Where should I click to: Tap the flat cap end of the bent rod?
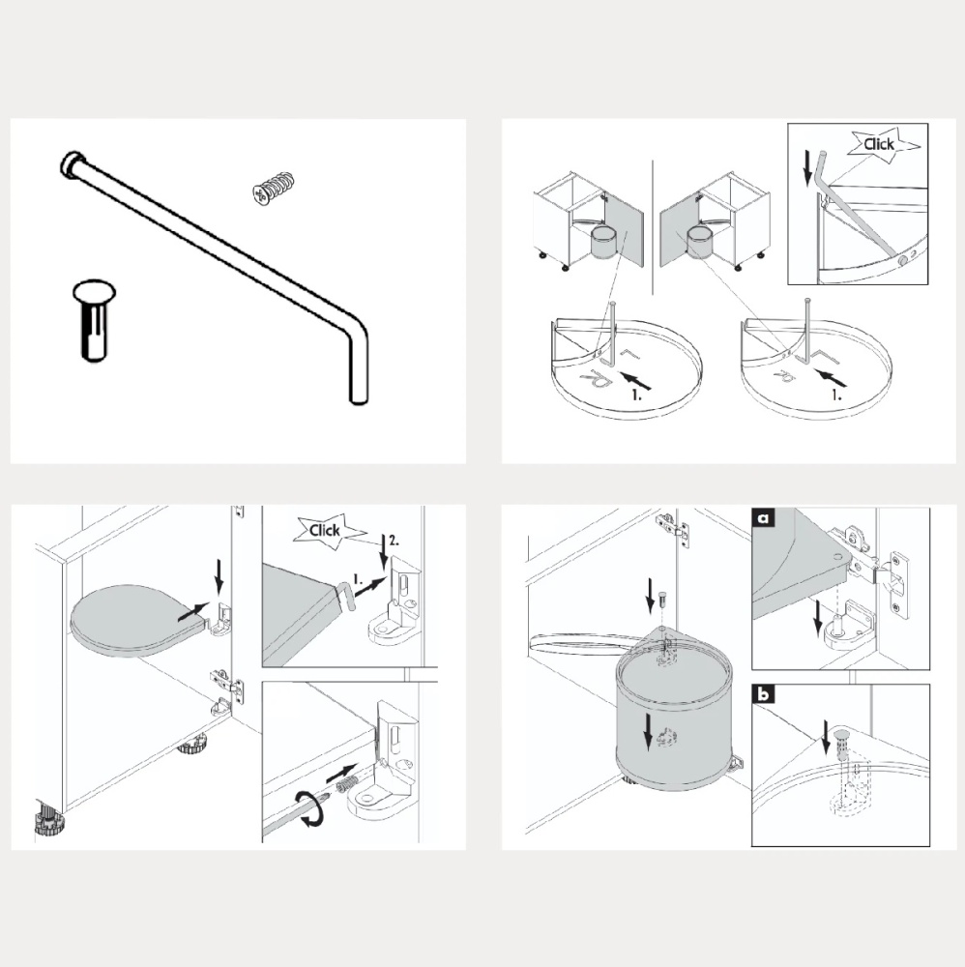(71, 162)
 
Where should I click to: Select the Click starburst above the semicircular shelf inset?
(879, 145)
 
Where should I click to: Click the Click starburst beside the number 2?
(323, 530)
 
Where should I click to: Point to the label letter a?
(763, 518)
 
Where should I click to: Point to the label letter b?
(763, 695)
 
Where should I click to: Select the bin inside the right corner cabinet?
(699, 241)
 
